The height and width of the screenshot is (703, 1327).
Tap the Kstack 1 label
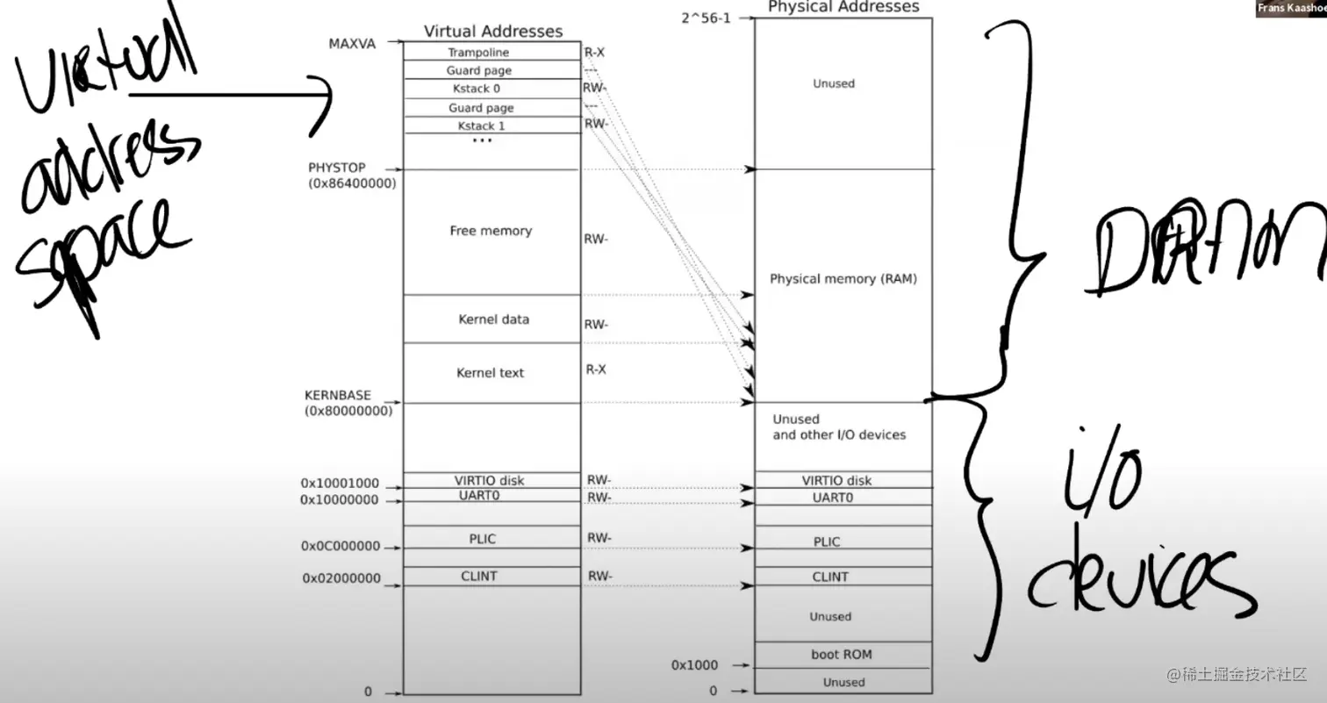pos(481,126)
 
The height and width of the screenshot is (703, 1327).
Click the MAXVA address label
pos(352,44)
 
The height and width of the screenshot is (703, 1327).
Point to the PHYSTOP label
pos(337,168)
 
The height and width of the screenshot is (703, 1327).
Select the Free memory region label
pos(491,231)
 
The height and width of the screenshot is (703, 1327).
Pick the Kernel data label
pos(493,319)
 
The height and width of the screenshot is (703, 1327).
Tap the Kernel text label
pos(490,373)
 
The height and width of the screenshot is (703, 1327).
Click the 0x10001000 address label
pos(340,483)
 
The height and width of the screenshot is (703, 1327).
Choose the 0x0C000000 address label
pos(341,546)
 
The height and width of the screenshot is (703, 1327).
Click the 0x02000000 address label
pos(341,578)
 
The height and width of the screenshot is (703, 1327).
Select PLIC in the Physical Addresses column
pos(827,542)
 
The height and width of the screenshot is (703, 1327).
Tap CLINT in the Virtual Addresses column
pos(479,576)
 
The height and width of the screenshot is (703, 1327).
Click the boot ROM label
pos(841,655)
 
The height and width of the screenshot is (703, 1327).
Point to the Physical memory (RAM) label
pos(843,279)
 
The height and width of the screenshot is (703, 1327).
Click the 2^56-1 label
pos(706,18)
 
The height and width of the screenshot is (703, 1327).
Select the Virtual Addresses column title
pos(493,31)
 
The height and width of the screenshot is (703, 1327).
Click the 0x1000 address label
pos(694,665)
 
